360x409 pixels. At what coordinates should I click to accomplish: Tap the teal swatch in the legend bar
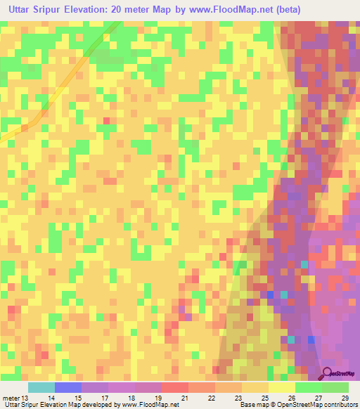(x=41, y=387)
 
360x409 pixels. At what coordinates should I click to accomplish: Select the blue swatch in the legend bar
(x=68, y=387)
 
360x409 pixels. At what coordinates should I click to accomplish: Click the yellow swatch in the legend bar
(x=281, y=387)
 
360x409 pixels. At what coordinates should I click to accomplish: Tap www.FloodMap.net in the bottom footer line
(x=150, y=405)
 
